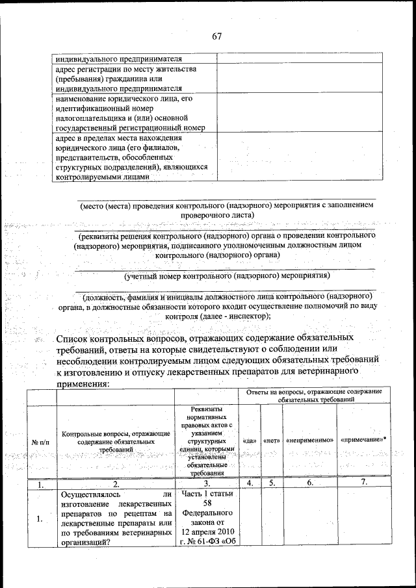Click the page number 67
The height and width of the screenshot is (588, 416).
point(216,36)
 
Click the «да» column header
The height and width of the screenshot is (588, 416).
point(248,441)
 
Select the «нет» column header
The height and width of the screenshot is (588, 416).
point(271,441)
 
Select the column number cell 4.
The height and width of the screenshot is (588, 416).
point(249,483)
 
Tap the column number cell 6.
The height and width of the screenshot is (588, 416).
point(309,483)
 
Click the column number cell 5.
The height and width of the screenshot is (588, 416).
point(272,483)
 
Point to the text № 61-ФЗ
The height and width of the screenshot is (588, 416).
point(203,541)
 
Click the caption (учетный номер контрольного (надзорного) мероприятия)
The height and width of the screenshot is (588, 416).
point(224,275)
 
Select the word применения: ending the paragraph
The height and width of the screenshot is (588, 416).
point(83,385)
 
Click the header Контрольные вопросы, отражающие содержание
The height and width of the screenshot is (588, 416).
point(116,433)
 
